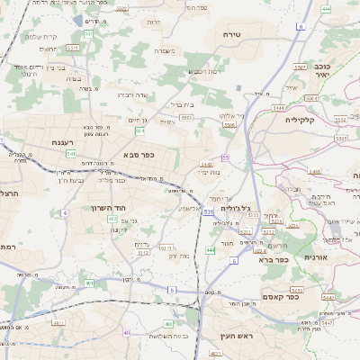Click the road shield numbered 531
point(208,212)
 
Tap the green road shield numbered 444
point(211,249)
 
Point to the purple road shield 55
point(226,157)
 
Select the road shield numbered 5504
point(229,125)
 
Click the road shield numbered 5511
point(72,47)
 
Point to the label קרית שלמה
point(41,36)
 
